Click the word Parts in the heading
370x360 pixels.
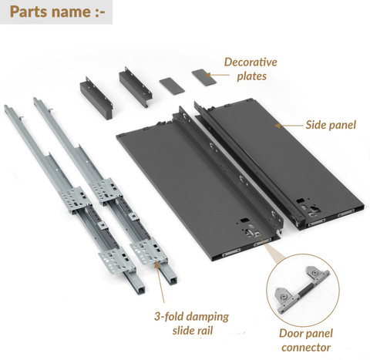point(29,12)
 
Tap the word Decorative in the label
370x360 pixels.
point(251,62)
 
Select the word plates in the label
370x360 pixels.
point(251,76)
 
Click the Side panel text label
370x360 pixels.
point(331,125)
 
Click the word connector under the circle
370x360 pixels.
point(306,348)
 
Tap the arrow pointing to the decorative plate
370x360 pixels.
point(217,75)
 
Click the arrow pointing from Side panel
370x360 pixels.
point(289,126)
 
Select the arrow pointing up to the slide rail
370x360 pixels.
point(160,282)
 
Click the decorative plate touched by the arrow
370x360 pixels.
point(204,76)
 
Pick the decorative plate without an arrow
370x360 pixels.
point(172,85)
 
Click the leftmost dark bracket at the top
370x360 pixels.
point(96,99)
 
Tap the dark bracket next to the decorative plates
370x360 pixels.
point(136,87)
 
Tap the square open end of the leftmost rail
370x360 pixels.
point(140,290)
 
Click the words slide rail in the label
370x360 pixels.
point(193,331)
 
